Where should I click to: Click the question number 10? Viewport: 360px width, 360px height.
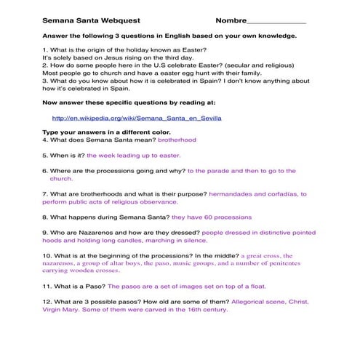(47, 256)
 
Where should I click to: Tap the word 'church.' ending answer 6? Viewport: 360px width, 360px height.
(61, 179)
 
